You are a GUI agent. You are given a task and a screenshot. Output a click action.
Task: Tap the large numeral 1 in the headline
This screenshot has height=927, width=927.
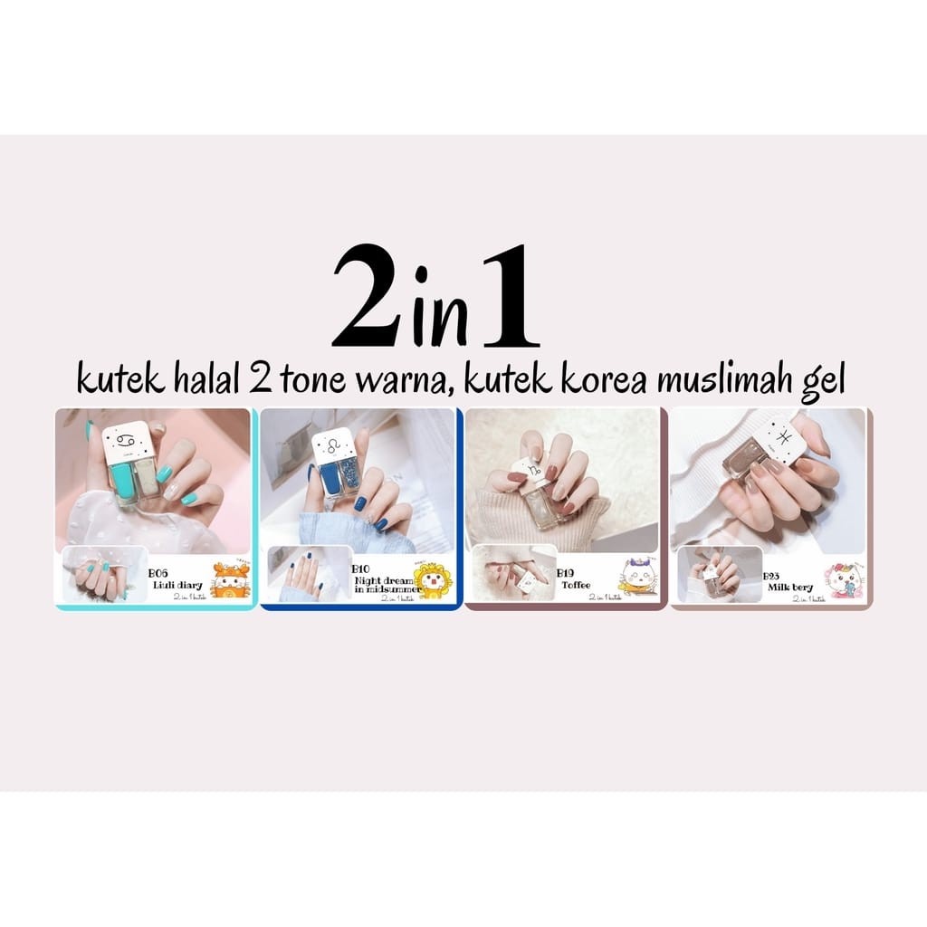(x=511, y=298)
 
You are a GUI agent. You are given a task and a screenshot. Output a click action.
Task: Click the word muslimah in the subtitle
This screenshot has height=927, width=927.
(x=741, y=379)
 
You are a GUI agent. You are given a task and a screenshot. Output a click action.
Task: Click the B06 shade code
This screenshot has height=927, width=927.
(x=159, y=574)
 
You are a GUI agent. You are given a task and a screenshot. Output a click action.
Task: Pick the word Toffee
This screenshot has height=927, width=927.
(x=576, y=584)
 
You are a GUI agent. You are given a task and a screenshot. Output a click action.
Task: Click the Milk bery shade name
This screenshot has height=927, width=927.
(x=790, y=587)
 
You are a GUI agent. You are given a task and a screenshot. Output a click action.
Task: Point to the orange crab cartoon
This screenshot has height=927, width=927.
(x=228, y=580)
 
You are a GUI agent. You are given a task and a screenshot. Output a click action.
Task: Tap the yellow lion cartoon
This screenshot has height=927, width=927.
(x=432, y=580)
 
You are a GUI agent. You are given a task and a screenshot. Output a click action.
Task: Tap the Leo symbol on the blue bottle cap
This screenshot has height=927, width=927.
(x=330, y=446)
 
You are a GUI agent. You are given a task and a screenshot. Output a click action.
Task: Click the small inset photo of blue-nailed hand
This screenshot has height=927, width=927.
(x=309, y=573)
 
